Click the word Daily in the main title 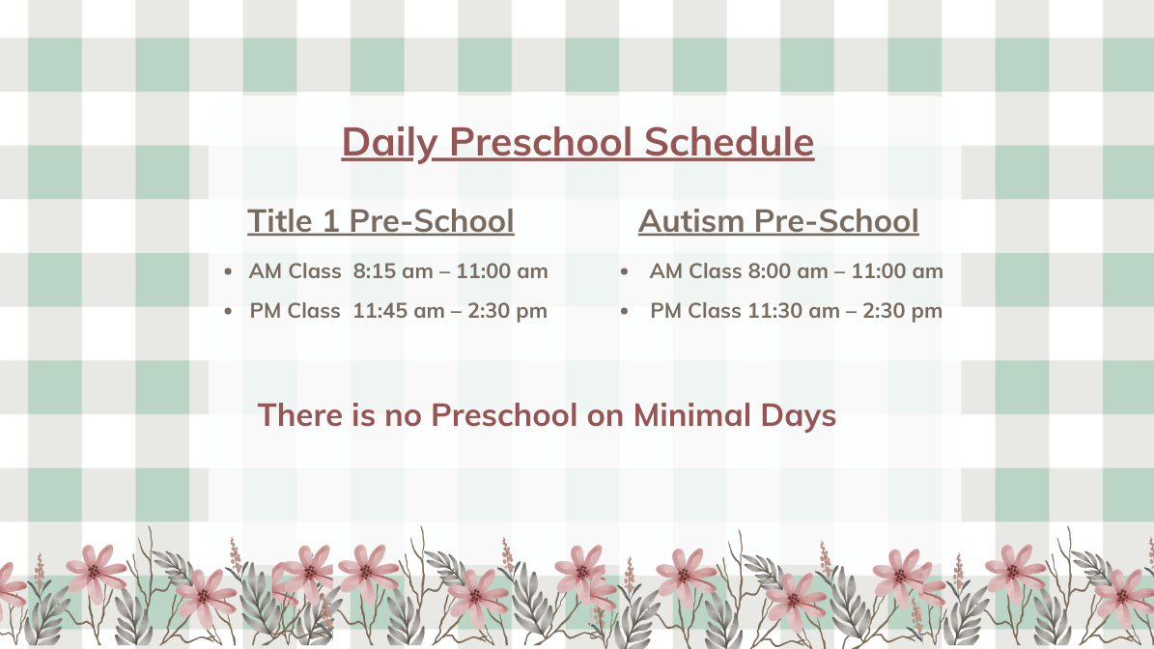pyautogui.click(x=389, y=143)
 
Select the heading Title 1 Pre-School pyautogui.click(x=380, y=221)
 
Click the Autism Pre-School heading pyautogui.click(x=778, y=221)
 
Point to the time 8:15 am pyautogui.click(x=393, y=270)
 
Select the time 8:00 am pyautogui.click(x=788, y=270)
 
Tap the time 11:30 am pyautogui.click(x=794, y=311)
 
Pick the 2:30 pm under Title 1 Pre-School pyautogui.click(x=507, y=311)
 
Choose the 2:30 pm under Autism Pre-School pyautogui.click(x=902, y=311)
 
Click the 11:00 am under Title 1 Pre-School pyautogui.click(x=502, y=270)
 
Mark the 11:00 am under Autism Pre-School pyautogui.click(x=897, y=270)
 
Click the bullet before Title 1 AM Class pyautogui.click(x=228, y=272)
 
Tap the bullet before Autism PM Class pyautogui.click(x=624, y=312)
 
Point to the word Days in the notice pyautogui.click(x=799, y=416)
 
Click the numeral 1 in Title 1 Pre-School pyautogui.click(x=331, y=221)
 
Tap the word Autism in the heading pyautogui.click(x=691, y=221)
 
